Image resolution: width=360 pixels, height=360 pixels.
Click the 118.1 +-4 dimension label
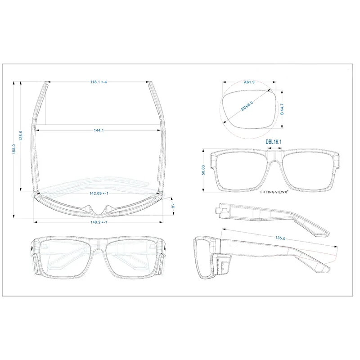[99, 82]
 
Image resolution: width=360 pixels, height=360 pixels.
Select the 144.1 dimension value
[99, 130]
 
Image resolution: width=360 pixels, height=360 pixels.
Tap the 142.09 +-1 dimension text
[99, 193]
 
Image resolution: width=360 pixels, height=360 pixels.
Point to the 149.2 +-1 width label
[99, 222]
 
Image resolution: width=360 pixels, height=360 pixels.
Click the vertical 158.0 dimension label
[14, 149]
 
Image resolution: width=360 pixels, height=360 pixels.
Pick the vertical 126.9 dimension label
[21, 135]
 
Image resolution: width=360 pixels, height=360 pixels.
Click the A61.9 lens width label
[249, 82]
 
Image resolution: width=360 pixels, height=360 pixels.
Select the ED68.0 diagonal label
[247, 106]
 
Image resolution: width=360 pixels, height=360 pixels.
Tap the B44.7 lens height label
[282, 109]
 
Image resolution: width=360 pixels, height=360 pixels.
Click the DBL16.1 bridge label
[274, 142]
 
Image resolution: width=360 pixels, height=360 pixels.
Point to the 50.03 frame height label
[203, 170]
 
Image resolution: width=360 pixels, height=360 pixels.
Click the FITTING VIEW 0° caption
[274, 192]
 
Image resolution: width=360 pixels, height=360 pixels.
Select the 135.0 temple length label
[280, 238]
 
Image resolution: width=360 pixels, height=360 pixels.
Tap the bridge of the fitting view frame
[275, 157]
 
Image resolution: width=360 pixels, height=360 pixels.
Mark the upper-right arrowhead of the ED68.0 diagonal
[269, 90]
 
